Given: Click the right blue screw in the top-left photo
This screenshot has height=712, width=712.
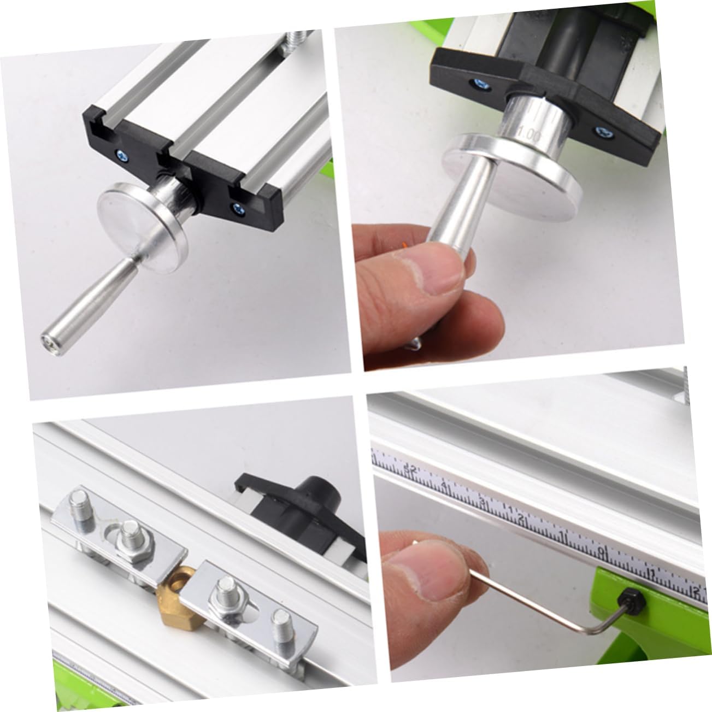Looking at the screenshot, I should click(x=237, y=208).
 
